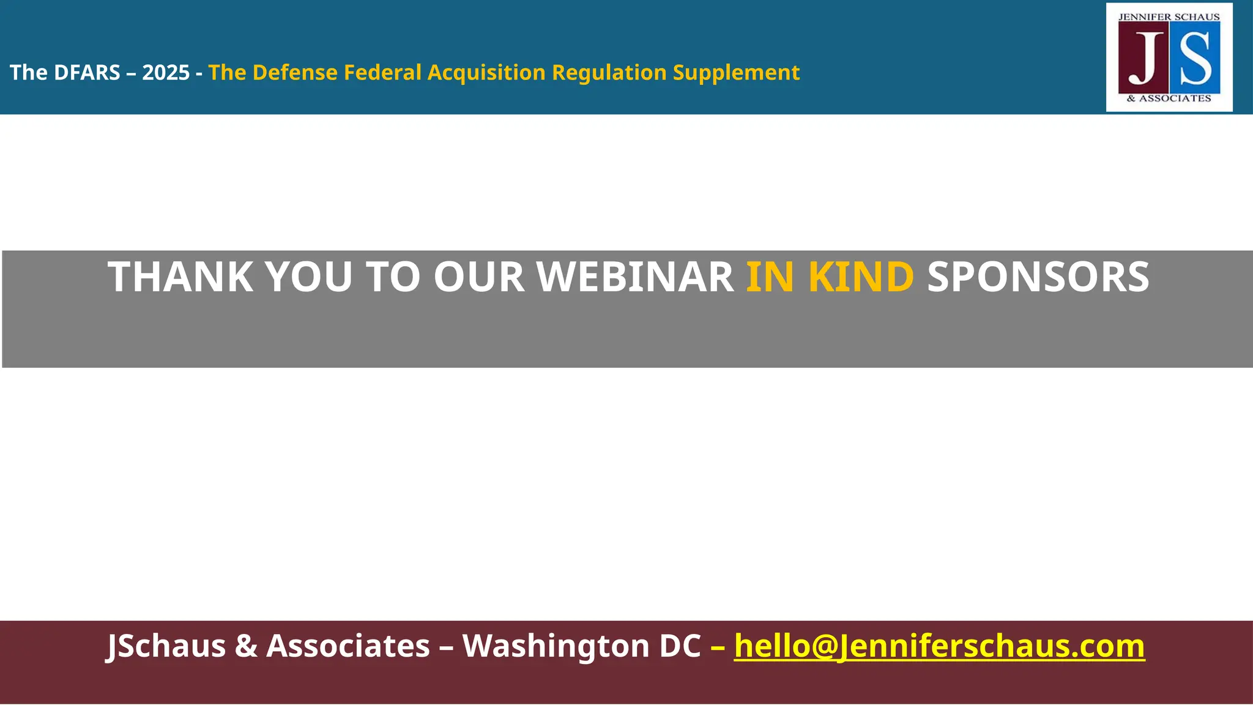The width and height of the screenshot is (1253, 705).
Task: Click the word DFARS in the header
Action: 87,73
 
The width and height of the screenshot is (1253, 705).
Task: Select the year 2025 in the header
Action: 166,73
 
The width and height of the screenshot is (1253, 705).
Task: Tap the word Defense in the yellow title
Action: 295,73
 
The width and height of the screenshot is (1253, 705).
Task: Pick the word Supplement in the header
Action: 736,73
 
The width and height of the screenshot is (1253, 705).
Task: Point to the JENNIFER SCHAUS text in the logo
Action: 1169,17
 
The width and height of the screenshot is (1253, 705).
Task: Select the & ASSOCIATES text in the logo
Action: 1169,99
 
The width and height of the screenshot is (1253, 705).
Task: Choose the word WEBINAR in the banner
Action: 636,277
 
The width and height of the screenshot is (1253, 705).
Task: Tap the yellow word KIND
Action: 861,277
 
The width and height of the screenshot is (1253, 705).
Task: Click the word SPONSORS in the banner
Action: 1038,277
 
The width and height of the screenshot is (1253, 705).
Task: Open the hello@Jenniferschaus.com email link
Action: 939,646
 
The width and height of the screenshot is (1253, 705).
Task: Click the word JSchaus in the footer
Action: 166,646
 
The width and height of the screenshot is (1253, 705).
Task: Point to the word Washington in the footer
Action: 556,646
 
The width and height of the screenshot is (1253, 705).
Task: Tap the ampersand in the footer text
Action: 246,646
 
